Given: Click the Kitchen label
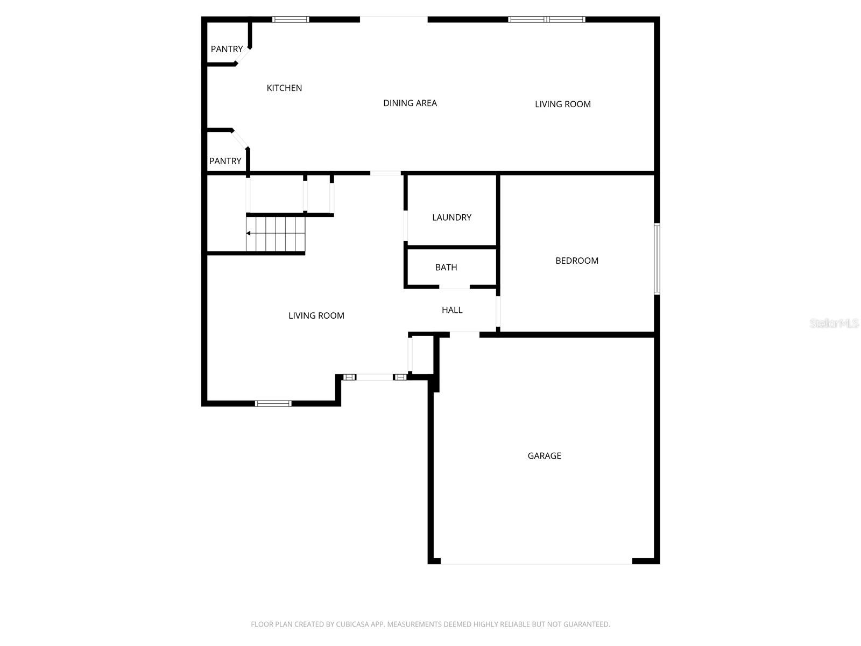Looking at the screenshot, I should [x=284, y=88].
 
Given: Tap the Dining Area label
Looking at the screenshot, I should [x=410, y=103].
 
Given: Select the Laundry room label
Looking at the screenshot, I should [x=451, y=217].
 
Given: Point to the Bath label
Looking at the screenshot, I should [x=446, y=267].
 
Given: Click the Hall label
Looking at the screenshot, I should [x=452, y=310].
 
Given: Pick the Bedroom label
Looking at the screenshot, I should [x=577, y=261].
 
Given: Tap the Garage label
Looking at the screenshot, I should [x=544, y=455].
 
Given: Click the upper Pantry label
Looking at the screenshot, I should [x=227, y=49].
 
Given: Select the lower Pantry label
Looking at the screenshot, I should [x=225, y=161].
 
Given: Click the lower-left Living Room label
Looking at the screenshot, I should [x=316, y=315].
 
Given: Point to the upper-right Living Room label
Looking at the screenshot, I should [x=562, y=104].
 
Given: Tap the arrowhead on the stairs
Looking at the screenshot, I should [x=249, y=233].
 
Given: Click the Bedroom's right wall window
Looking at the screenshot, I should [x=657, y=259].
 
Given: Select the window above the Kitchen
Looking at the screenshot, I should [x=291, y=19].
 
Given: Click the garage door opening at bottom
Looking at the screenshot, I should [x=537, y=563].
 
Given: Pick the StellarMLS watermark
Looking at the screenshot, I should [x=834, y=323].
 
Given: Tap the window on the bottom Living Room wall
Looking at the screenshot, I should [x=273, y=403].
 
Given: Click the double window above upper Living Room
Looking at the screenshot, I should [x=547, y=19].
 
